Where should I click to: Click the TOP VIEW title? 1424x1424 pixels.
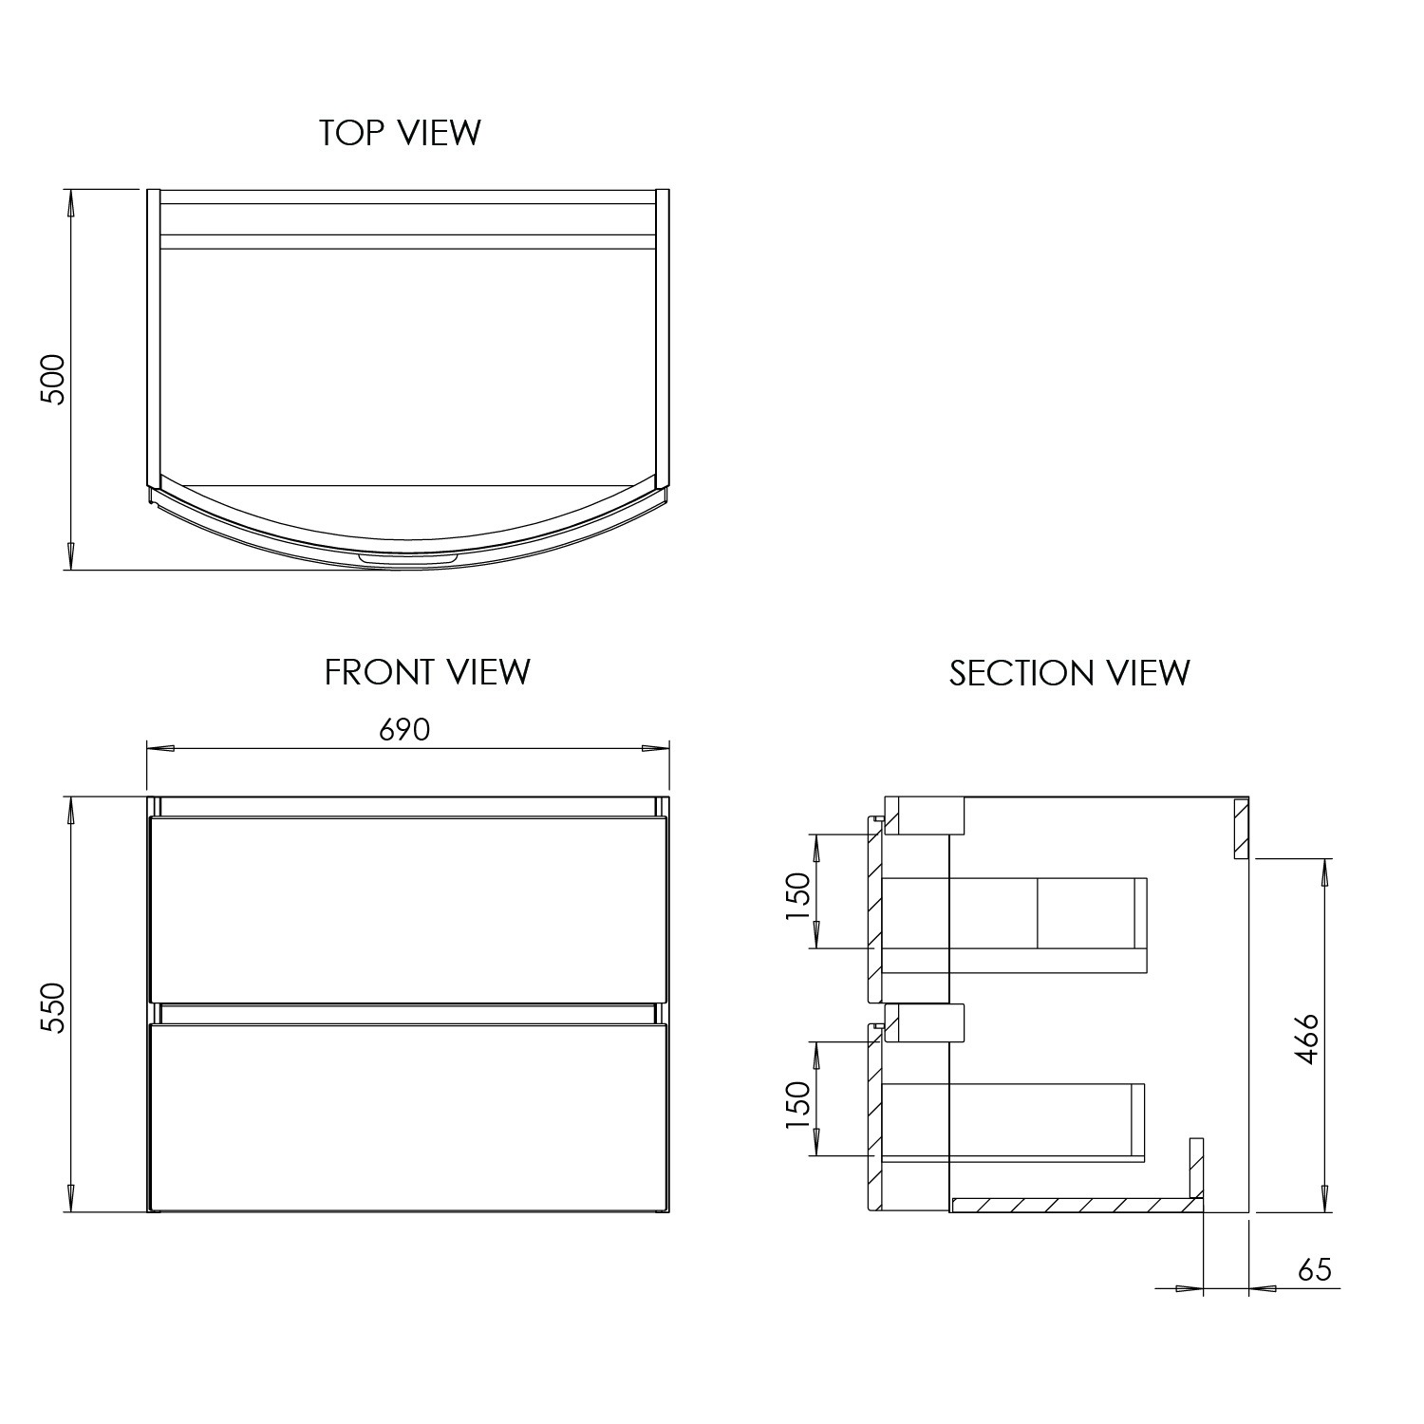400,133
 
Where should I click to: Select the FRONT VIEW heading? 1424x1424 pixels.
427,672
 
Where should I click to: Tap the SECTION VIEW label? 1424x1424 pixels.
1069,673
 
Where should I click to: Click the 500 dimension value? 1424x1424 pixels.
53,380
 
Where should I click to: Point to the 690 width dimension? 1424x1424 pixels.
404,729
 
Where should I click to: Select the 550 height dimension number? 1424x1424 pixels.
53,1008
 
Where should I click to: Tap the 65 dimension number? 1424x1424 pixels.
1314,1269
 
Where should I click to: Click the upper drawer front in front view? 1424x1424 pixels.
408,909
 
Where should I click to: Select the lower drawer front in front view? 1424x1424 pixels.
408,1116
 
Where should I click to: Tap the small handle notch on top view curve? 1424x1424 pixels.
409,561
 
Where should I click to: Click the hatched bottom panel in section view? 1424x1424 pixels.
1073,1205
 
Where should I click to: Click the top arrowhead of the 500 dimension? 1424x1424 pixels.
69,202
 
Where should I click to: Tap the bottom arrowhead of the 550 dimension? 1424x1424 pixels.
69,1200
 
